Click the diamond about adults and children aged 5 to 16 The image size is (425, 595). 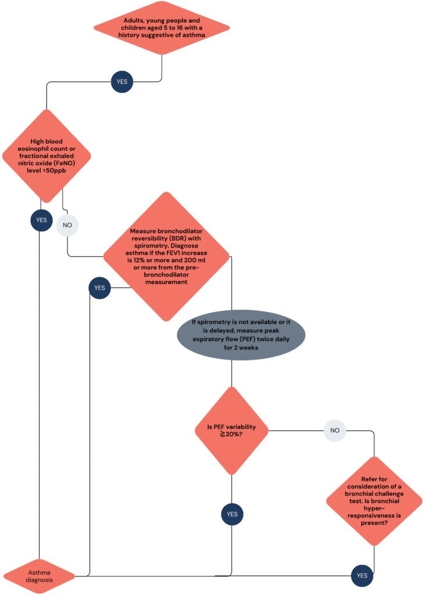pos(162,27)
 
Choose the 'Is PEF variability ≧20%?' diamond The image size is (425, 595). pos(232,431)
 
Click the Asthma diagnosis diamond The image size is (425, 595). pos(40,576)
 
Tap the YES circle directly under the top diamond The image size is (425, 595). pos(122,81)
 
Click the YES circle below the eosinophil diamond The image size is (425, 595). pos(41,220)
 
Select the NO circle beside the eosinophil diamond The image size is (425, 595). pos(67,224)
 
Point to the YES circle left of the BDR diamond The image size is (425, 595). pos(99,288)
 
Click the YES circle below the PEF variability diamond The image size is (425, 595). pos(232,514)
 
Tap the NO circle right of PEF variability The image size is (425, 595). pos(334,431)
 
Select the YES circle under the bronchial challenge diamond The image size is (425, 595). pos(362,576)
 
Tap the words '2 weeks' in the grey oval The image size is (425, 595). pos(247,347)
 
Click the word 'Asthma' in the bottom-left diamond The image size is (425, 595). pos(40,572)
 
